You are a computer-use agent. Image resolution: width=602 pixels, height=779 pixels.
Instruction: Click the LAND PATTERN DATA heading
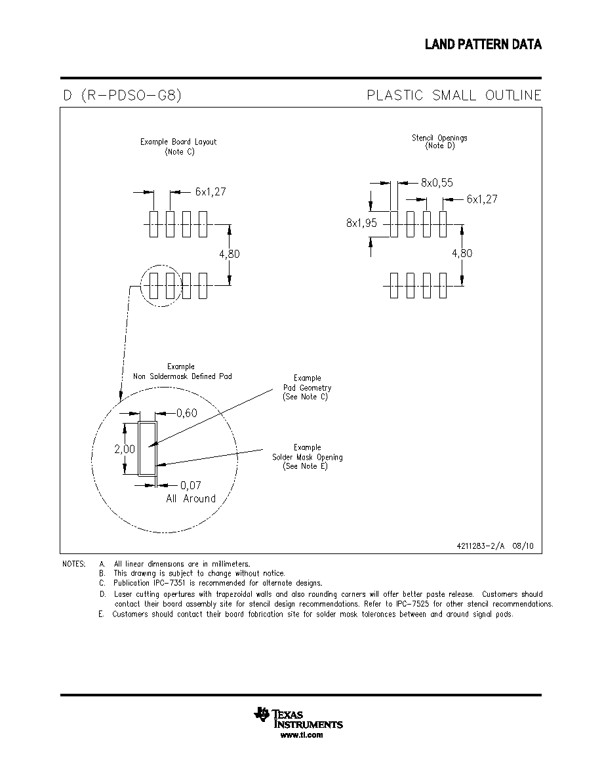click(x=483, y=44)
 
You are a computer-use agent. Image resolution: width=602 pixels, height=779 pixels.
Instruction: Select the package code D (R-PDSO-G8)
click(x=122, y=95)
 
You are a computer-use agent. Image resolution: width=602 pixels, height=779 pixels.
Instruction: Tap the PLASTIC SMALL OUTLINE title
click(x=454, y=95)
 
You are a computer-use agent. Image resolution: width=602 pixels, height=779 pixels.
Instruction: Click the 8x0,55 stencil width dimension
click(x=437, y=183)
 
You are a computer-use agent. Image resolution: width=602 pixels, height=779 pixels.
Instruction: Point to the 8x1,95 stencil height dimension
click(x=361, y=223)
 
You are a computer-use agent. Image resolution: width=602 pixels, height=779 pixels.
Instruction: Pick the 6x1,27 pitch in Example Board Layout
click(x=211, y=191)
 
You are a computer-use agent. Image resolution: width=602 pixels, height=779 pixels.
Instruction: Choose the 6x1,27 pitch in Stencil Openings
click(x=482, y=199)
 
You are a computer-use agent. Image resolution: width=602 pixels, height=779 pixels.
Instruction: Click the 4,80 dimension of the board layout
click(x=230, y=254)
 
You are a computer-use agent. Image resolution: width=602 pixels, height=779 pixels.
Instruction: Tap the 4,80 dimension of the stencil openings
click(x=462, y=253)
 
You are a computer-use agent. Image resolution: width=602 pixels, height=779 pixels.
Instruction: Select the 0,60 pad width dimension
click(x=187, y=413)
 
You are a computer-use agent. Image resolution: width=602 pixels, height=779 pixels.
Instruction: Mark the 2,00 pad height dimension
click(x=125, y=449)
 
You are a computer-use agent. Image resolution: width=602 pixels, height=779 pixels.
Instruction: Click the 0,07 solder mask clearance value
click(x=191, y=485)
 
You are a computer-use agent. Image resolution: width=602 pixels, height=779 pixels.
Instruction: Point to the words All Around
click(x=191, y=499)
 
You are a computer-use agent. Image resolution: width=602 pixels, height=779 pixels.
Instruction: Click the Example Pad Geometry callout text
click(x=307, y=388)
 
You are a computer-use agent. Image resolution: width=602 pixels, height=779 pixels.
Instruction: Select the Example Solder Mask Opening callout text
click(x=307, y=457)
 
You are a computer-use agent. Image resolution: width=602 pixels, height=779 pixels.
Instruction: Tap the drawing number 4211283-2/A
click(x=480, y=546)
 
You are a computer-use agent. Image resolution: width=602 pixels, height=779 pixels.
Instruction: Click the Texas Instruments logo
click(x=298, y=719)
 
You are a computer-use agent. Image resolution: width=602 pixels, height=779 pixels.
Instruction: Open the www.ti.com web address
click(x=302, y=735)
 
